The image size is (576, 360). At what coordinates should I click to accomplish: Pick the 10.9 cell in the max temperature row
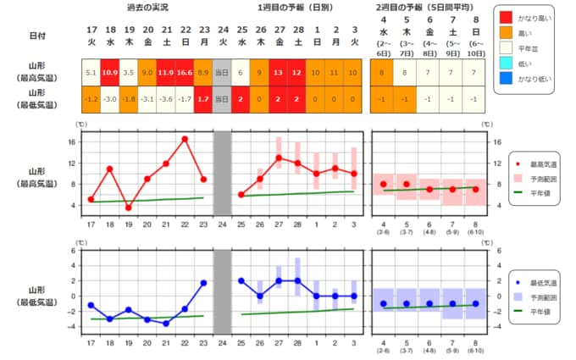coord(110,73)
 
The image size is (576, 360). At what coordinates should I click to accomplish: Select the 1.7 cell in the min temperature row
coord(202,99)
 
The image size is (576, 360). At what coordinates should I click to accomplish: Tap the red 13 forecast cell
coord(278,73)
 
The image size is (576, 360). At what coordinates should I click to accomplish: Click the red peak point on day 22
coord(184,139)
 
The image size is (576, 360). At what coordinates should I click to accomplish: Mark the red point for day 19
coord(129,208)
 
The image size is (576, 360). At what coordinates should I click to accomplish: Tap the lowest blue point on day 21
coord(166,324)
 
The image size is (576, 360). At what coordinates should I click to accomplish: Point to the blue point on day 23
coord(203,282)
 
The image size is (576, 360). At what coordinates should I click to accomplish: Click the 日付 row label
coord(26,35)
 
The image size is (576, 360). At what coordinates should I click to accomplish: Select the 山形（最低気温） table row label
coord(26,98)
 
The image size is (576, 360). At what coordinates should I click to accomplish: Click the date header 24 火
coord(221,35)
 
